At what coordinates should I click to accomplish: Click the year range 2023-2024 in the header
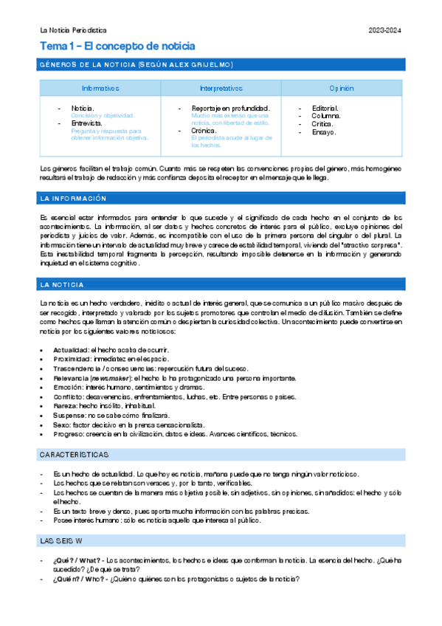(385, 30)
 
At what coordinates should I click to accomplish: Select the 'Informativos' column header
(100, 88)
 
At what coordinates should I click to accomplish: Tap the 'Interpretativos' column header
(221, 88)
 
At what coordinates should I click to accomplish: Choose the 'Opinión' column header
(342, 88)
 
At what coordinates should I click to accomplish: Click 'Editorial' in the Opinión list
(325, 108)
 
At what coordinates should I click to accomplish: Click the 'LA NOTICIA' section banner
(63, 284)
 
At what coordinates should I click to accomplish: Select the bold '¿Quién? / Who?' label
(78, 579)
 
